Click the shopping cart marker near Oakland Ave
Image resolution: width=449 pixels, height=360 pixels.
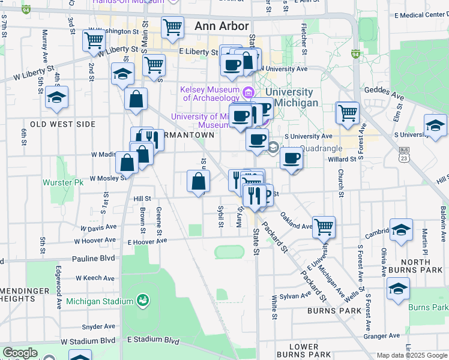[x=324, y=226]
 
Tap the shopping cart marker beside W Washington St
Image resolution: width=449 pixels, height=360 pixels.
[x=94, y=40]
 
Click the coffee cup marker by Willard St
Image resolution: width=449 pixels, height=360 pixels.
[x=292, y=158]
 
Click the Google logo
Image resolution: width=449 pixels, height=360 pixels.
[x=19, y=353]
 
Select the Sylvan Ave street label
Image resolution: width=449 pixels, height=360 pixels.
[x=298, y=295]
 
